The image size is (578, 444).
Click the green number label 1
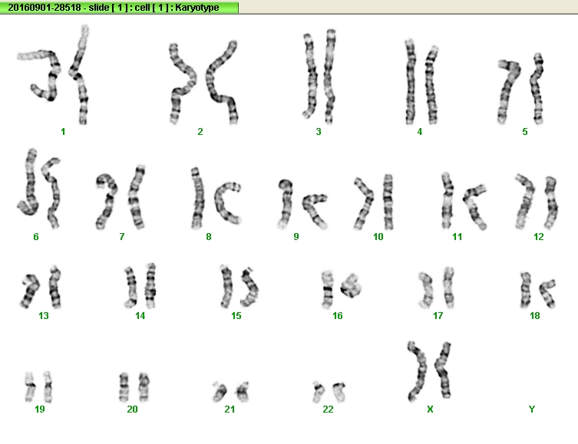pyautogui.click(x=63, y=131)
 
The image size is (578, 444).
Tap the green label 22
pyautogui.click(x=328, y=409)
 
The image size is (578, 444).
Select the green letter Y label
pyautogui.click(x=531, y=409)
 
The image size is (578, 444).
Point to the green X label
pyautogui.click(x=430, y=409)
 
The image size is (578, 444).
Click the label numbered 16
pyautogui.click(x=337, y=315)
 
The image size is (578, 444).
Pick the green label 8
pyautogui.click(x=209, y=237)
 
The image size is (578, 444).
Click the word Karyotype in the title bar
pyautogui.click(x=197, y=8)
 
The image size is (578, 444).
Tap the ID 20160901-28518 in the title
pyautogui.click(x=45, y=8)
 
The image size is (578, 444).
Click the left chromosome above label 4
pyautogui.click(x=410, y=81)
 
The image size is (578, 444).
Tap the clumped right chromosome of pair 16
pyautogui.click(x=350, y=286)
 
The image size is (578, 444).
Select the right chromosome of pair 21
pyautogui.click(x=243, y=392)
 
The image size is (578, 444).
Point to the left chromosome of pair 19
pyautogui.click(x=30, y=386)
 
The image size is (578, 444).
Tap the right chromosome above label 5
pyautogui.click(x=537, y=88)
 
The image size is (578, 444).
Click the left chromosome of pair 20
pyautogui.click(x=124, y=387)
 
